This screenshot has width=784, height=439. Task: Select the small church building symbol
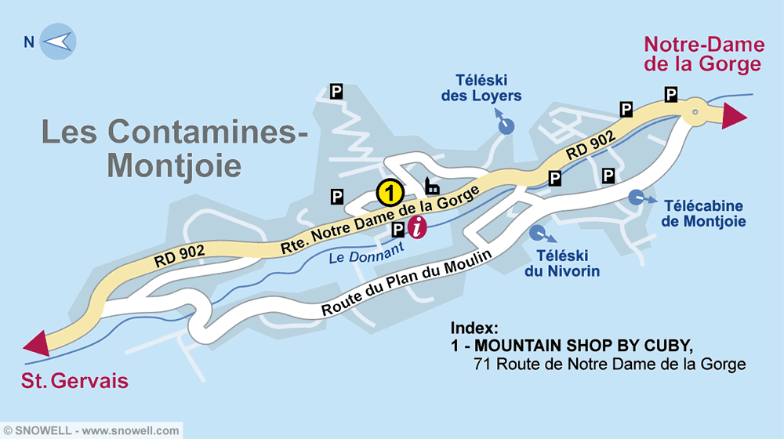[431, 186]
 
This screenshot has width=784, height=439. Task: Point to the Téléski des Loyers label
[488, 88]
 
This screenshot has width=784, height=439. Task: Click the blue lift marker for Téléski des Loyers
[507, 125]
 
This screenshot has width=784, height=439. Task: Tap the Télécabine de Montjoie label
[702, 214]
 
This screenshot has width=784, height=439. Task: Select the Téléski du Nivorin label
[562, 263]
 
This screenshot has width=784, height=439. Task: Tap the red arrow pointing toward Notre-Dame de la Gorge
[734, 115]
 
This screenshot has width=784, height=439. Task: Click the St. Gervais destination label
[74, 382]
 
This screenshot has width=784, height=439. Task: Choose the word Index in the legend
[474, 328]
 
